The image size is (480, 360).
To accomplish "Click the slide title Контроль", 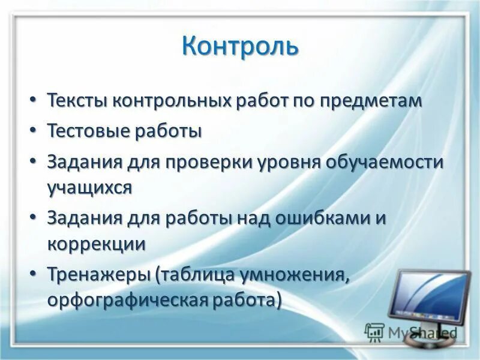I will point(240,46).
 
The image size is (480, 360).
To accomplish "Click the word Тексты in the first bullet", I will point(73,100).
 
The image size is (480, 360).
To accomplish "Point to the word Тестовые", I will point(86,131).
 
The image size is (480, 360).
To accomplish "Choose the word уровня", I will point(290,163).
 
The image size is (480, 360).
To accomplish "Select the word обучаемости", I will point(386,163).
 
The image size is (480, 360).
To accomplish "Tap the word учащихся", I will point(89,187).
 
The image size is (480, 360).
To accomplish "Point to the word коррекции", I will point(97,244).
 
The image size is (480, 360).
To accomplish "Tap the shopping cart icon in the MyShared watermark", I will point(374,332).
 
